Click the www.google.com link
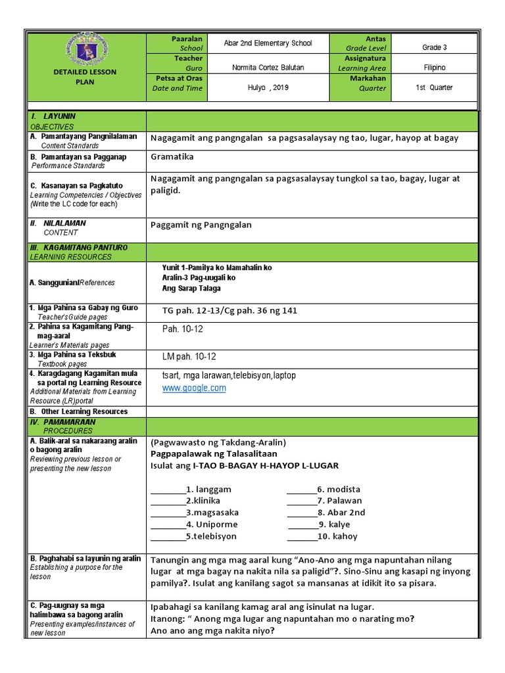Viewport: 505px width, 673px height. pyautogui.click(x=194, y=388)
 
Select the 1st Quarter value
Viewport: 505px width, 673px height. pyautogui.click(x=434, y=87)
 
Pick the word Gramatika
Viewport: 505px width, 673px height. pyautogui.click(x=172, y=158)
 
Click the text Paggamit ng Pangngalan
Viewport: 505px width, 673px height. pyautogui.click(x=201, y=225)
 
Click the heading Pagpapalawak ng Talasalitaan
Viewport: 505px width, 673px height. pyautogui.click(x=214, y=453)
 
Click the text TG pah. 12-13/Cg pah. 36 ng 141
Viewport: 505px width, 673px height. pyautogui.click(x=225, y=311)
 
